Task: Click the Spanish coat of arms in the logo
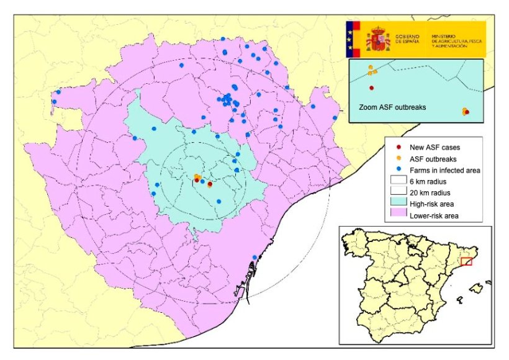(x=377, y=39)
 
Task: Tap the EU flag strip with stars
(x=354, y=39)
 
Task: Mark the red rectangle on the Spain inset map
(x=467, y=261)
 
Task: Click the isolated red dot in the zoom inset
(x=371, y=88)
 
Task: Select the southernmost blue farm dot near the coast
(x=254, y=258)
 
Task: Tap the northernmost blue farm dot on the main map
(x=223, y=39)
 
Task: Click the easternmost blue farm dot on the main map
(x=335, y=118)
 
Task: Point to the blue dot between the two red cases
(x=203, y=181)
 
